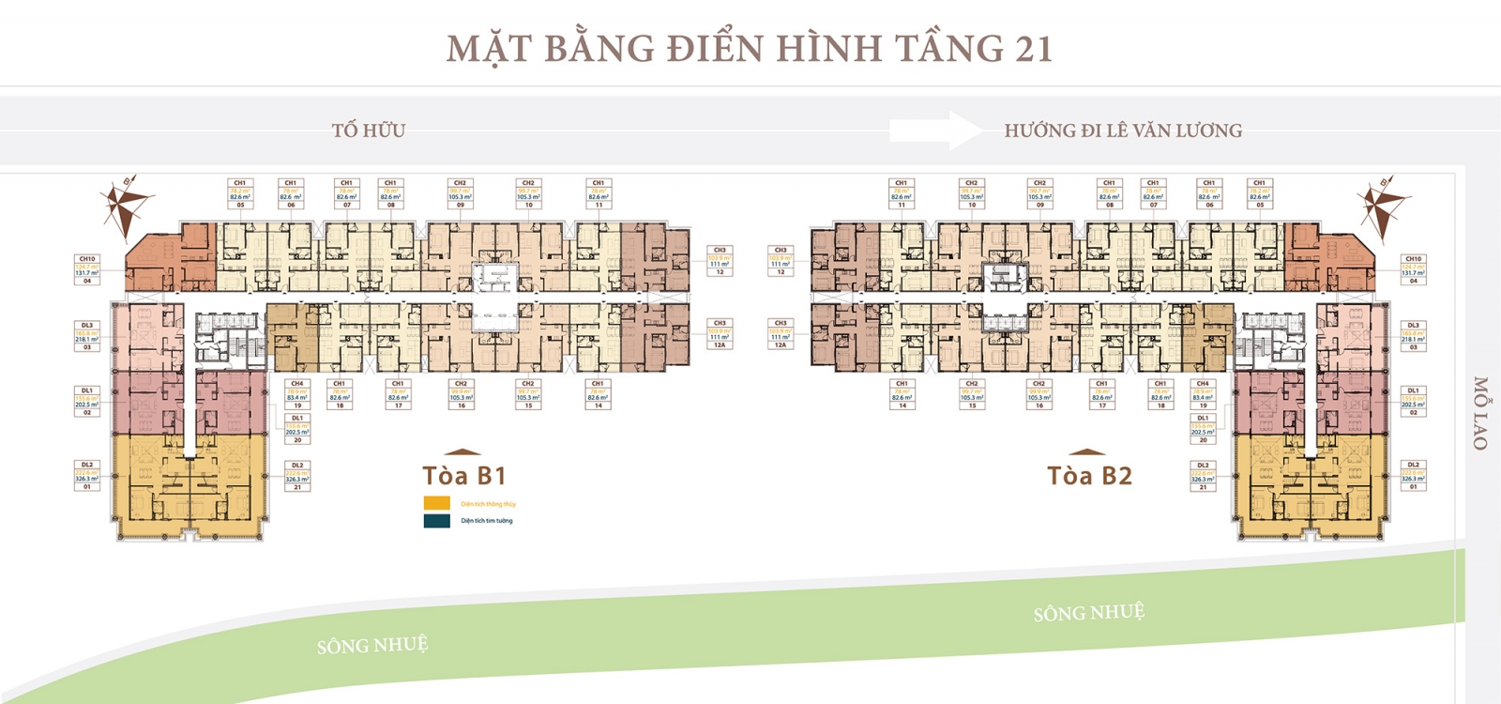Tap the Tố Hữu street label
(x=369, y=130)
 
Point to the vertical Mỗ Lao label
(x=1480, y=413)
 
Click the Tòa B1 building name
(x=464, y=476)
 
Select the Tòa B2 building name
(x=1089, y=476)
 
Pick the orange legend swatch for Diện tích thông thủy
(x=437, y=503)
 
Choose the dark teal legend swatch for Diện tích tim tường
(x=437, y=520)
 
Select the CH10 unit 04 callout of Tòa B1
(x=87, y=268)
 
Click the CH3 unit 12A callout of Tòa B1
(x=720, y=333)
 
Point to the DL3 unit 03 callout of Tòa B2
(x=1413, y=335)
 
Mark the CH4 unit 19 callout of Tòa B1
(x=297, y=394)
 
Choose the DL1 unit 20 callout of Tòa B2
(x=1203, y=428)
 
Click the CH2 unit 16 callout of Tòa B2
(x=1039, y=394)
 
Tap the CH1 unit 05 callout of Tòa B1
(x=240, y=193)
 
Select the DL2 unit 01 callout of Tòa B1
(x=87, y=475)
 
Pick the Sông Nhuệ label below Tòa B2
(x=1088, y=613)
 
